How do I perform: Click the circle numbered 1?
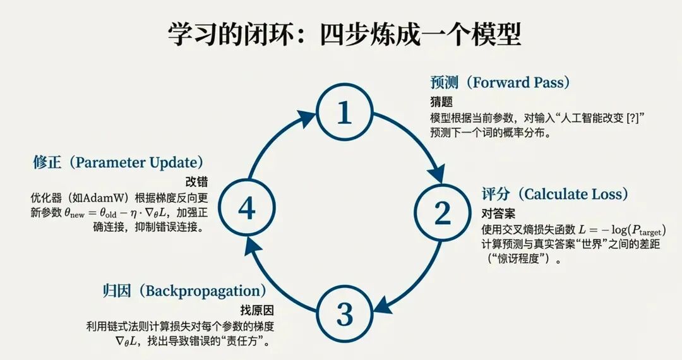[x=344, y=113]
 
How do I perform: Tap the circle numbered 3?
[x=344, y=311]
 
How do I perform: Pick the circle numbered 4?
[x=246, y=208]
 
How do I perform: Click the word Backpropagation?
[x=203, y=291]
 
